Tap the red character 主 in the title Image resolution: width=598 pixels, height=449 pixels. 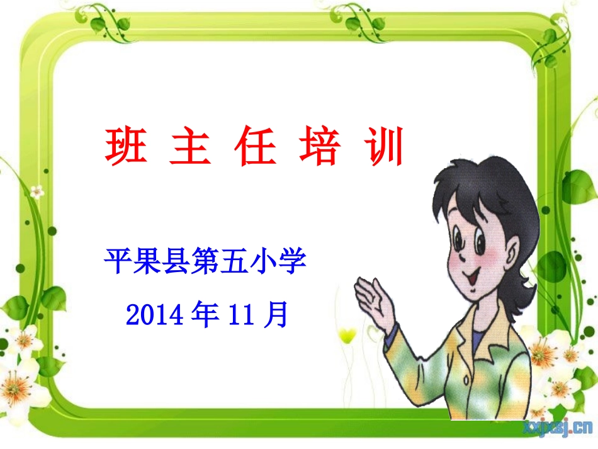[190, 147]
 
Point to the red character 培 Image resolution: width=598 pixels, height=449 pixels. [319, 147]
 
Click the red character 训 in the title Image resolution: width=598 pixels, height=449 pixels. [383, 147]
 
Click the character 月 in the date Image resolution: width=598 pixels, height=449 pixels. [276, 313]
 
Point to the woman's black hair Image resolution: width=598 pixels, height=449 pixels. [485, 189]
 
